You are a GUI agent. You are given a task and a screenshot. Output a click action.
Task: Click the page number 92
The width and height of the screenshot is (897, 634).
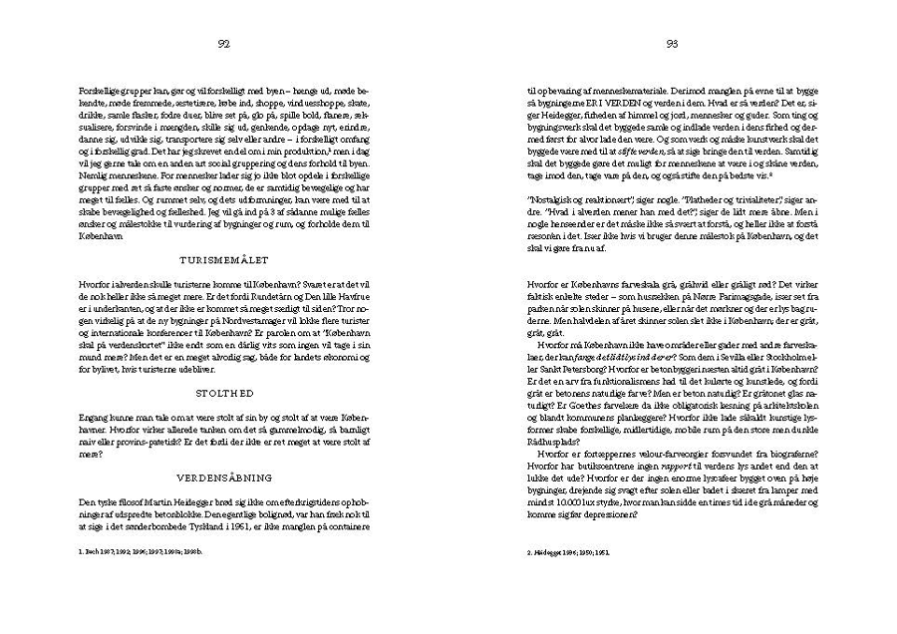click(224, 43)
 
